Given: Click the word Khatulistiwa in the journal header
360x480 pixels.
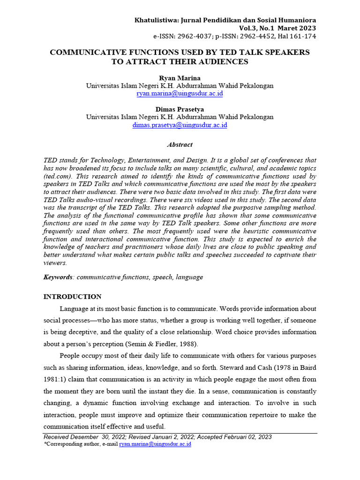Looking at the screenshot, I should click(x=156, y=20).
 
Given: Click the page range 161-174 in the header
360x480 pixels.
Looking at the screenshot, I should click(x=303, y=36).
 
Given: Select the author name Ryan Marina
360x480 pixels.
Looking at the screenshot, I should click(x=180, y=77).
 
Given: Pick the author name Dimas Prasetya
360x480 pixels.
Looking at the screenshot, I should click(x=180, y=109).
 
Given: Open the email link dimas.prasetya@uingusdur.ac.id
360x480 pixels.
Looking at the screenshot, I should click(x=180, y=125).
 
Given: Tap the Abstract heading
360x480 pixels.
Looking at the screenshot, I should click(x=180, y=145).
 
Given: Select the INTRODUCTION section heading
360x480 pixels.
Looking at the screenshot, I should click(x=72, y=297).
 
